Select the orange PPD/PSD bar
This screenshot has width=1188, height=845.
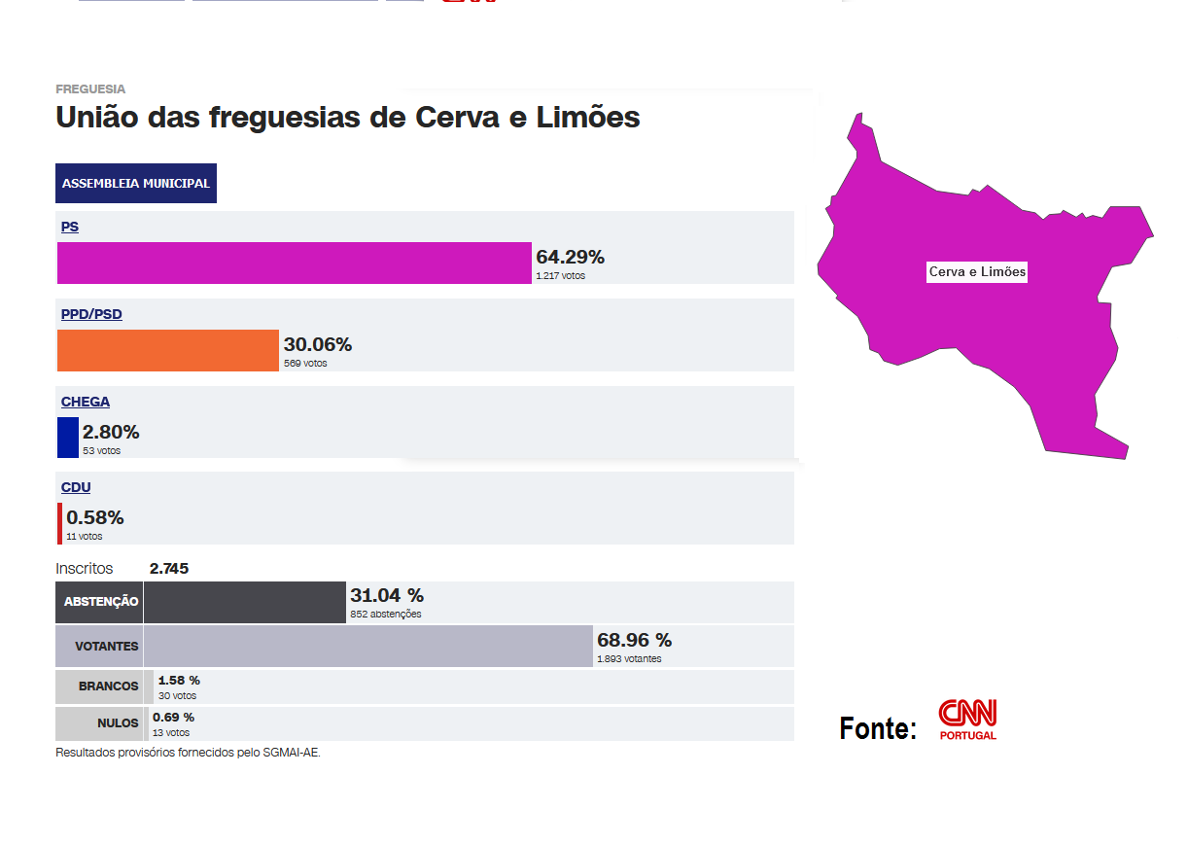pos(168,350)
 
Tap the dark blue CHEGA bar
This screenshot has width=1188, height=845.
pos(68,437)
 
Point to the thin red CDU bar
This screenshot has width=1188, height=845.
pos(59,523)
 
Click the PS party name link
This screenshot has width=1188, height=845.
pos(70,227)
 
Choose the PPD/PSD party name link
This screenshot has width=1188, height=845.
pos(91,314)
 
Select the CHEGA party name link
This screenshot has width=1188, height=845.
pos(86,402)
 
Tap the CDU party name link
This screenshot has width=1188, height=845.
pos(76,487)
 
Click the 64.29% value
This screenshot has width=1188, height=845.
pos(570,257)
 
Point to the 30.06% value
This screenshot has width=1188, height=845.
pos(318,344)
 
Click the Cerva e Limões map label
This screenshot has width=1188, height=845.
pos(977,272)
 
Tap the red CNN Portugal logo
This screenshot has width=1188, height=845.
pos(967,720)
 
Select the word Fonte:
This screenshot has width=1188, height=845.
pos(878,728)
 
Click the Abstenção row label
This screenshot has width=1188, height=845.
pos(101,602)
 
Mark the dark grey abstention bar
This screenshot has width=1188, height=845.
pos(245,602)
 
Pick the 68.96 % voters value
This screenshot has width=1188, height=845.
pos(634,640)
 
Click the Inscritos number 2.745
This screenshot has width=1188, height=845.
pos(169,568)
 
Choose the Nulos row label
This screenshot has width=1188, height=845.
pos(118,723)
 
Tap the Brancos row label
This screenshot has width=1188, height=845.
pos(109,686)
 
